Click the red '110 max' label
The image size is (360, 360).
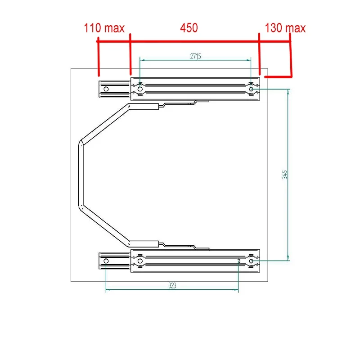[x=104, y=28]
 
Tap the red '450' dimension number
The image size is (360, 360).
[x=189, y=28]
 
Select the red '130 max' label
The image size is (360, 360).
[x=285, y=28]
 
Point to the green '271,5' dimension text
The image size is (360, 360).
[x=196, y=56]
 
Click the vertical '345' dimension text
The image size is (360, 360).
[x=285, y=175]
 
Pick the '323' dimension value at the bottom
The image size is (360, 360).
[x=172, y=285]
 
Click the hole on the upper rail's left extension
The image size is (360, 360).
[x=106, y=89]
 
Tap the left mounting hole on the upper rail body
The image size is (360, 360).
[x=140, y=89]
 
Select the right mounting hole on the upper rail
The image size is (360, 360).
[x=251, y=89]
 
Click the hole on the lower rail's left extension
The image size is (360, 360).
[x=106, y=261]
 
